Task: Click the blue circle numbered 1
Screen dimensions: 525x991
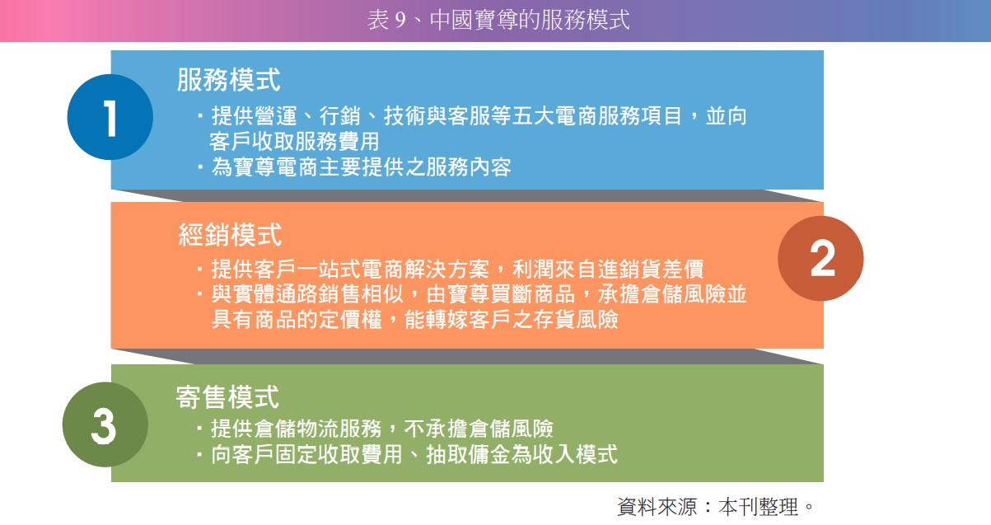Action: coord(110,117)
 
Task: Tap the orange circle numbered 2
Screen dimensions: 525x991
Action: coord(820,259)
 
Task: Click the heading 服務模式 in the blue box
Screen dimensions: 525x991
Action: coord(228,80)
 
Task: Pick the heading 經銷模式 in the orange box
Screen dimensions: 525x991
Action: coord(230,235)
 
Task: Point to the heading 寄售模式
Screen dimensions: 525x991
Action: coord(227,396)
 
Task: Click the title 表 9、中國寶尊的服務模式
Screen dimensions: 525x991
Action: coord(498,20)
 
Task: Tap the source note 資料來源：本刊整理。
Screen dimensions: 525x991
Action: coord(716,506)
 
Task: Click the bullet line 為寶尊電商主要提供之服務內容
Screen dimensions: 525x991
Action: coord(361,167)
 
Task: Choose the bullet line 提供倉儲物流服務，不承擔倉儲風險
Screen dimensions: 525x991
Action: coord(381,429)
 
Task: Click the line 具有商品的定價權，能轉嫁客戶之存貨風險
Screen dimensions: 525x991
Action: coord(414,320)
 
